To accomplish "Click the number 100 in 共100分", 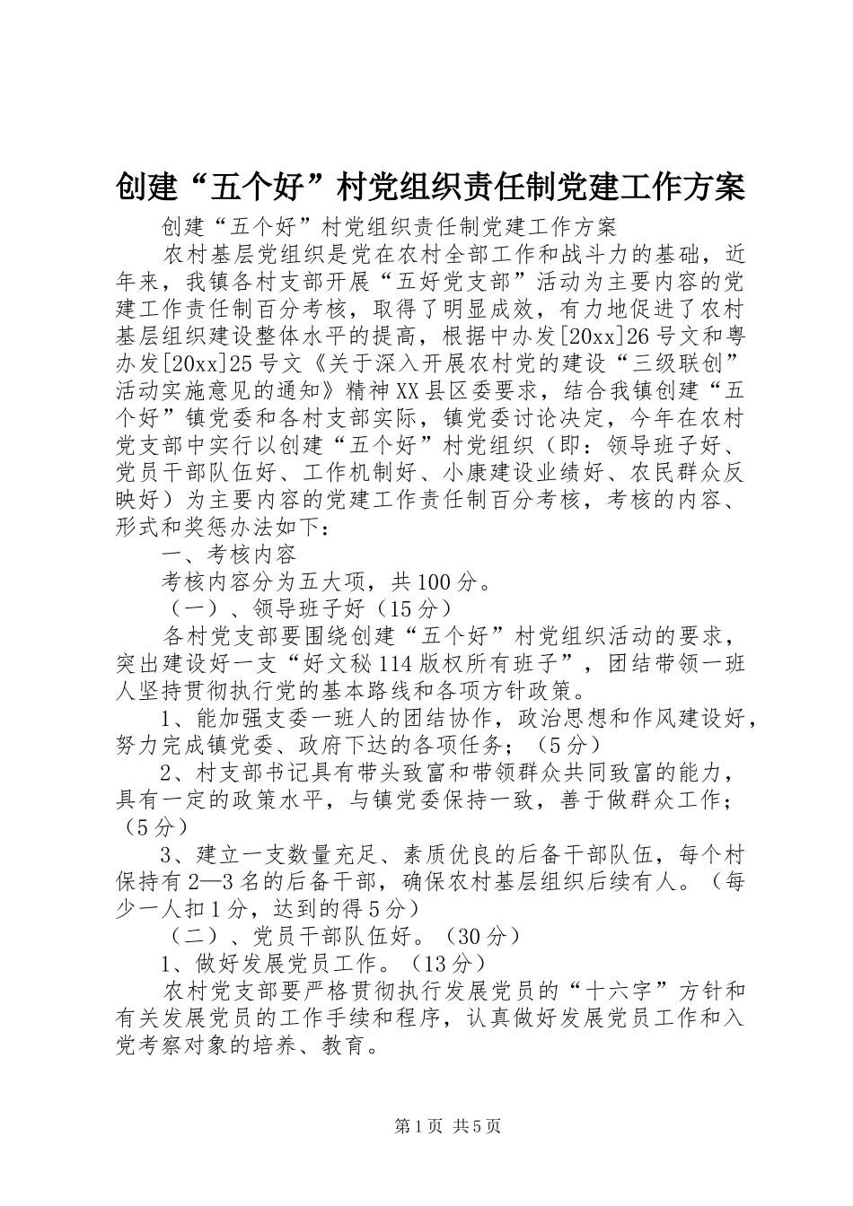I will [436, 583].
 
